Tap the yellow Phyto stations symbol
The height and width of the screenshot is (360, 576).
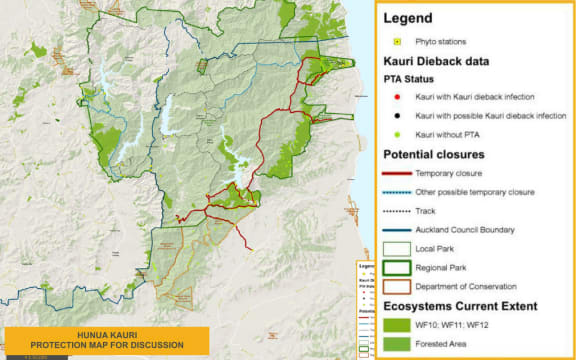(397, 42)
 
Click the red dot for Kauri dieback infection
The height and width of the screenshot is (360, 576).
(397, 97)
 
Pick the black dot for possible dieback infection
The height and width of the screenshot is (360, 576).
(397, 117)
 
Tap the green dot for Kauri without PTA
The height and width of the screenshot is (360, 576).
(397, 136)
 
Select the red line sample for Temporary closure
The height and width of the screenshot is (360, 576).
(397, 173)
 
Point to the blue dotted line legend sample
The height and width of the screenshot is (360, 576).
(397, 192)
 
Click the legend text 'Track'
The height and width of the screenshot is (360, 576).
(426, 211)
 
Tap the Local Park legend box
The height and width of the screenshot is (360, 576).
(397, 249)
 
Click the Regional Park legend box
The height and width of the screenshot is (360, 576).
(397, 268)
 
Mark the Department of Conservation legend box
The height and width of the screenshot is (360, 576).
(397, 287)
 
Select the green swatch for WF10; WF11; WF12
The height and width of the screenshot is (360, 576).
(397, 324)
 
